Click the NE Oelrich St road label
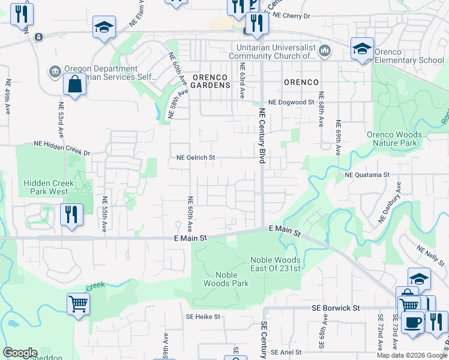click(x=196, y=157)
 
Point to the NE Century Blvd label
click(x=262, y=132)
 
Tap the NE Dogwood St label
click(x=291, y=103)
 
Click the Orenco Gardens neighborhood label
click(x=211, y=81)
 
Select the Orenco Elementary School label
click(x=409, y=56)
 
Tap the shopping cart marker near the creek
click(x=79, y=304)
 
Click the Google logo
click(x=20, y=353)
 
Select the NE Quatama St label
click(x=367, y=175)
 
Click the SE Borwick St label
click(x=336, y=307)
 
